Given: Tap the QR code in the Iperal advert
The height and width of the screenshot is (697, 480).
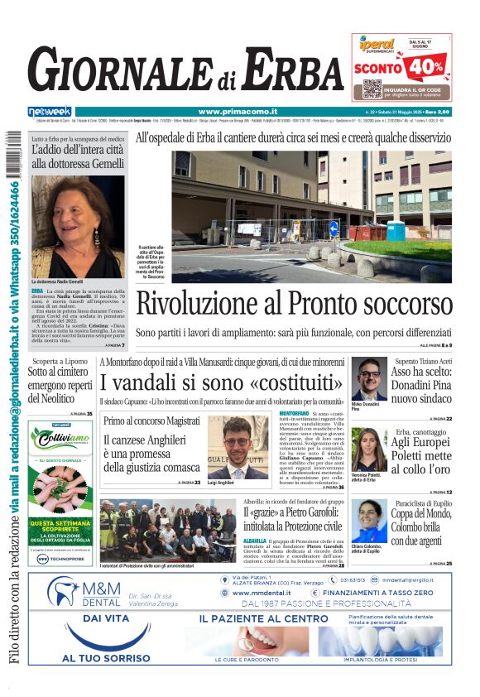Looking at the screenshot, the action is [372, 89].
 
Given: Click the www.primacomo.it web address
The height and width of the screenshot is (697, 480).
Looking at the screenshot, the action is [238, 112].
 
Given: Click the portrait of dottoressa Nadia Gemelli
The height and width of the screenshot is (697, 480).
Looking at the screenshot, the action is [78, 226].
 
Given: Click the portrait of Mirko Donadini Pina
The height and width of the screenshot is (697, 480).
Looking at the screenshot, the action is [368, 378].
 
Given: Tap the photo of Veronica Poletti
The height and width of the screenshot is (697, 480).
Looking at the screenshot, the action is [368, 449].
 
